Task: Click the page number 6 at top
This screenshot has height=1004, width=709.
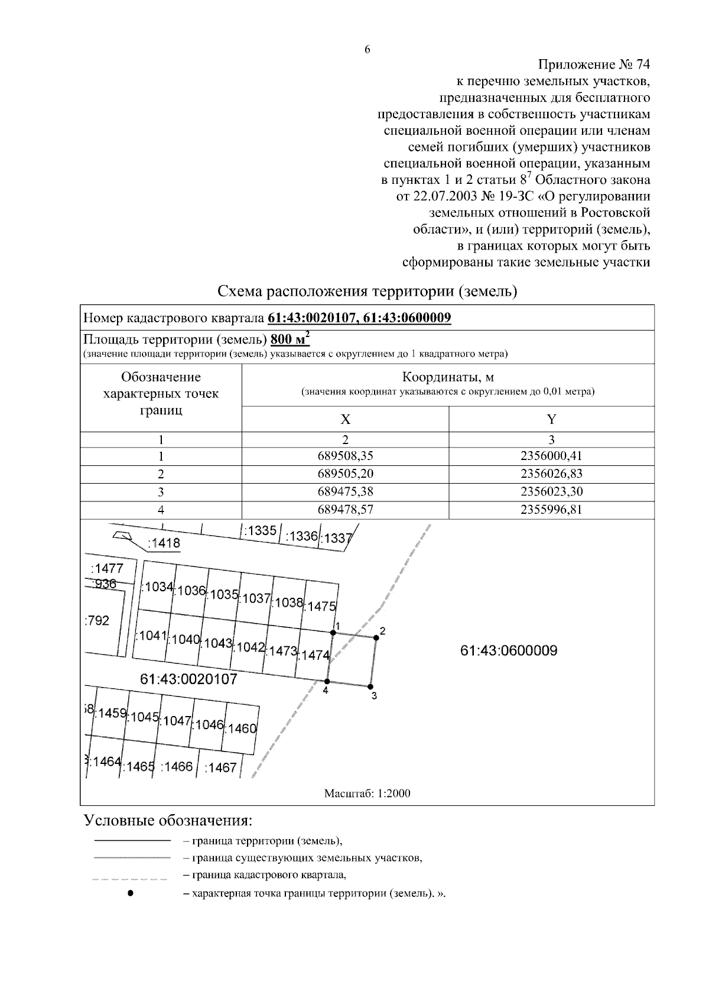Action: click(367, 50)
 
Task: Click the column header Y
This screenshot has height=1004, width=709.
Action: click(551, 420)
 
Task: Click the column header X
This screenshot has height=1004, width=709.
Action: click(345, 420)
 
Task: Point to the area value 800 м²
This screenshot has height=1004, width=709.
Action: click(290, 339)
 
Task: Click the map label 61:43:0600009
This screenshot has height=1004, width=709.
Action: click(508, 651)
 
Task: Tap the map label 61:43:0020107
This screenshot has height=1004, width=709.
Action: click(188, 679)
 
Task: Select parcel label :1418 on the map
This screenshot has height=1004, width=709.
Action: click(164, 543)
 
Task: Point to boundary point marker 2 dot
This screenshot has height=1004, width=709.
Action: click(376, 637)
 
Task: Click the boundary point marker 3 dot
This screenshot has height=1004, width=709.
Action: click(370, 686)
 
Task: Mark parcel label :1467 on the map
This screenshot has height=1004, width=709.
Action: click(220, 767)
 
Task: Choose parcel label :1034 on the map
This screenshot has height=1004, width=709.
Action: click(157, 587)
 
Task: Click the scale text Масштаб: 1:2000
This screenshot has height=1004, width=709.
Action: click(367, 794)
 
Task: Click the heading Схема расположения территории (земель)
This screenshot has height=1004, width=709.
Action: click(367, 292)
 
